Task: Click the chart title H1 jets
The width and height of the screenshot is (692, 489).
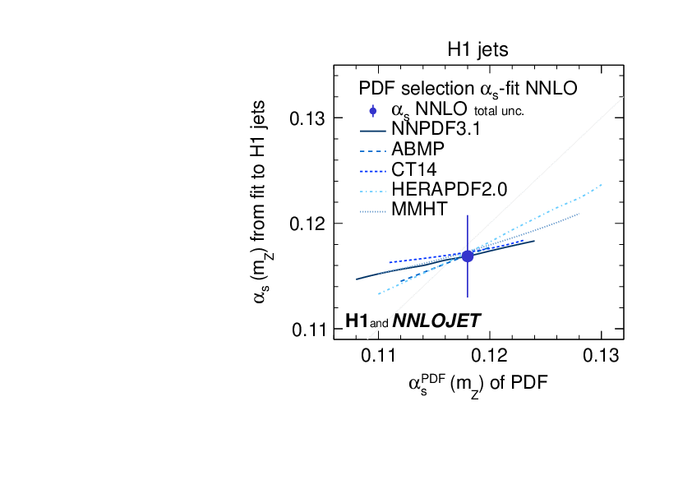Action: coord(477,49)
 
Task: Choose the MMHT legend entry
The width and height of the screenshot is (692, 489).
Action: coord(420,209)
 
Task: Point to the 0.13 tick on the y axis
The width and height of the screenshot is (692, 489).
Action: coord(308,118)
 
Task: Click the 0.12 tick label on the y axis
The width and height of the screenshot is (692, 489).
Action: coord(308,224)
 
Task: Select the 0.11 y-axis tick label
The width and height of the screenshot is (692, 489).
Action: coord(308,329)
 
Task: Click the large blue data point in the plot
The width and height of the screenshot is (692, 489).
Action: coord(468,256)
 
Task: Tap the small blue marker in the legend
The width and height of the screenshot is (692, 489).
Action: coord(373,110)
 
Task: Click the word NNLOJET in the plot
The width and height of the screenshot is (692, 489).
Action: coord(436,321)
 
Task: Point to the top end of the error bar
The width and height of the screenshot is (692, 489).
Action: coord(468,216)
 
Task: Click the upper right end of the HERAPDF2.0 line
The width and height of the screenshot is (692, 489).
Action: coord(602,185)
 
